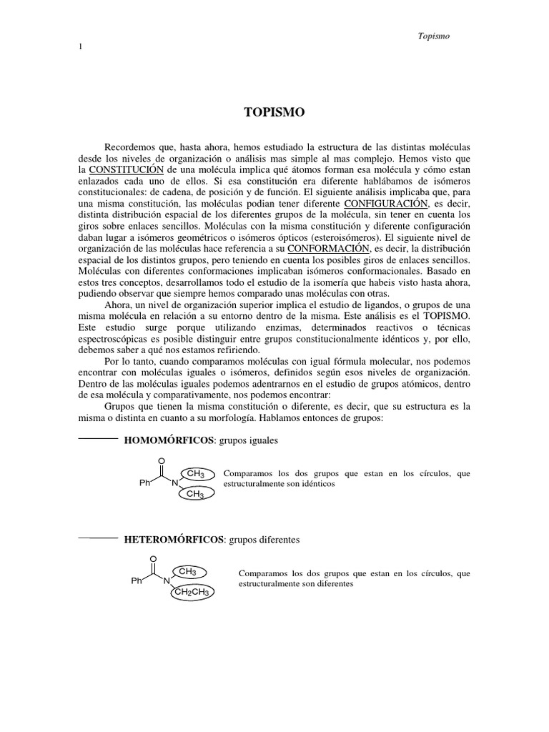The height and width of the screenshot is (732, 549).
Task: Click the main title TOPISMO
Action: click(x=274, y=112)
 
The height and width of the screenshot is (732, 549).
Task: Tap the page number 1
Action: click(x=80, y=47)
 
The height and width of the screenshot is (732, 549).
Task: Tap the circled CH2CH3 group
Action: click(x=191, y=592)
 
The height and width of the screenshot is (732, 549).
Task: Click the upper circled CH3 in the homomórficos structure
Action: click(x=195, y=474)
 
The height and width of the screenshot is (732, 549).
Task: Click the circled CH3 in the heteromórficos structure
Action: click(x=187, y=571)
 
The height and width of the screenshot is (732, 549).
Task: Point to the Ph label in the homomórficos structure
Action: click(x=144, y=483)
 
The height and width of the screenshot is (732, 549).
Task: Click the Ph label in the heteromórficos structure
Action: click(x=137, y=581)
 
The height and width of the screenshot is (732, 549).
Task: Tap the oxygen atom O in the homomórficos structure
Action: click(x=162, y=460)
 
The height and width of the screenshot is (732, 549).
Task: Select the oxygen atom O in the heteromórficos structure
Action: click(x=154, y=558)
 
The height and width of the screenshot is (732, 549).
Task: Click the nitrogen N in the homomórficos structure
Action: click(x=174, y=483)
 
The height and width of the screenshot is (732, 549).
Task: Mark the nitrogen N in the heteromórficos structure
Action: click(x=167, y=581)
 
